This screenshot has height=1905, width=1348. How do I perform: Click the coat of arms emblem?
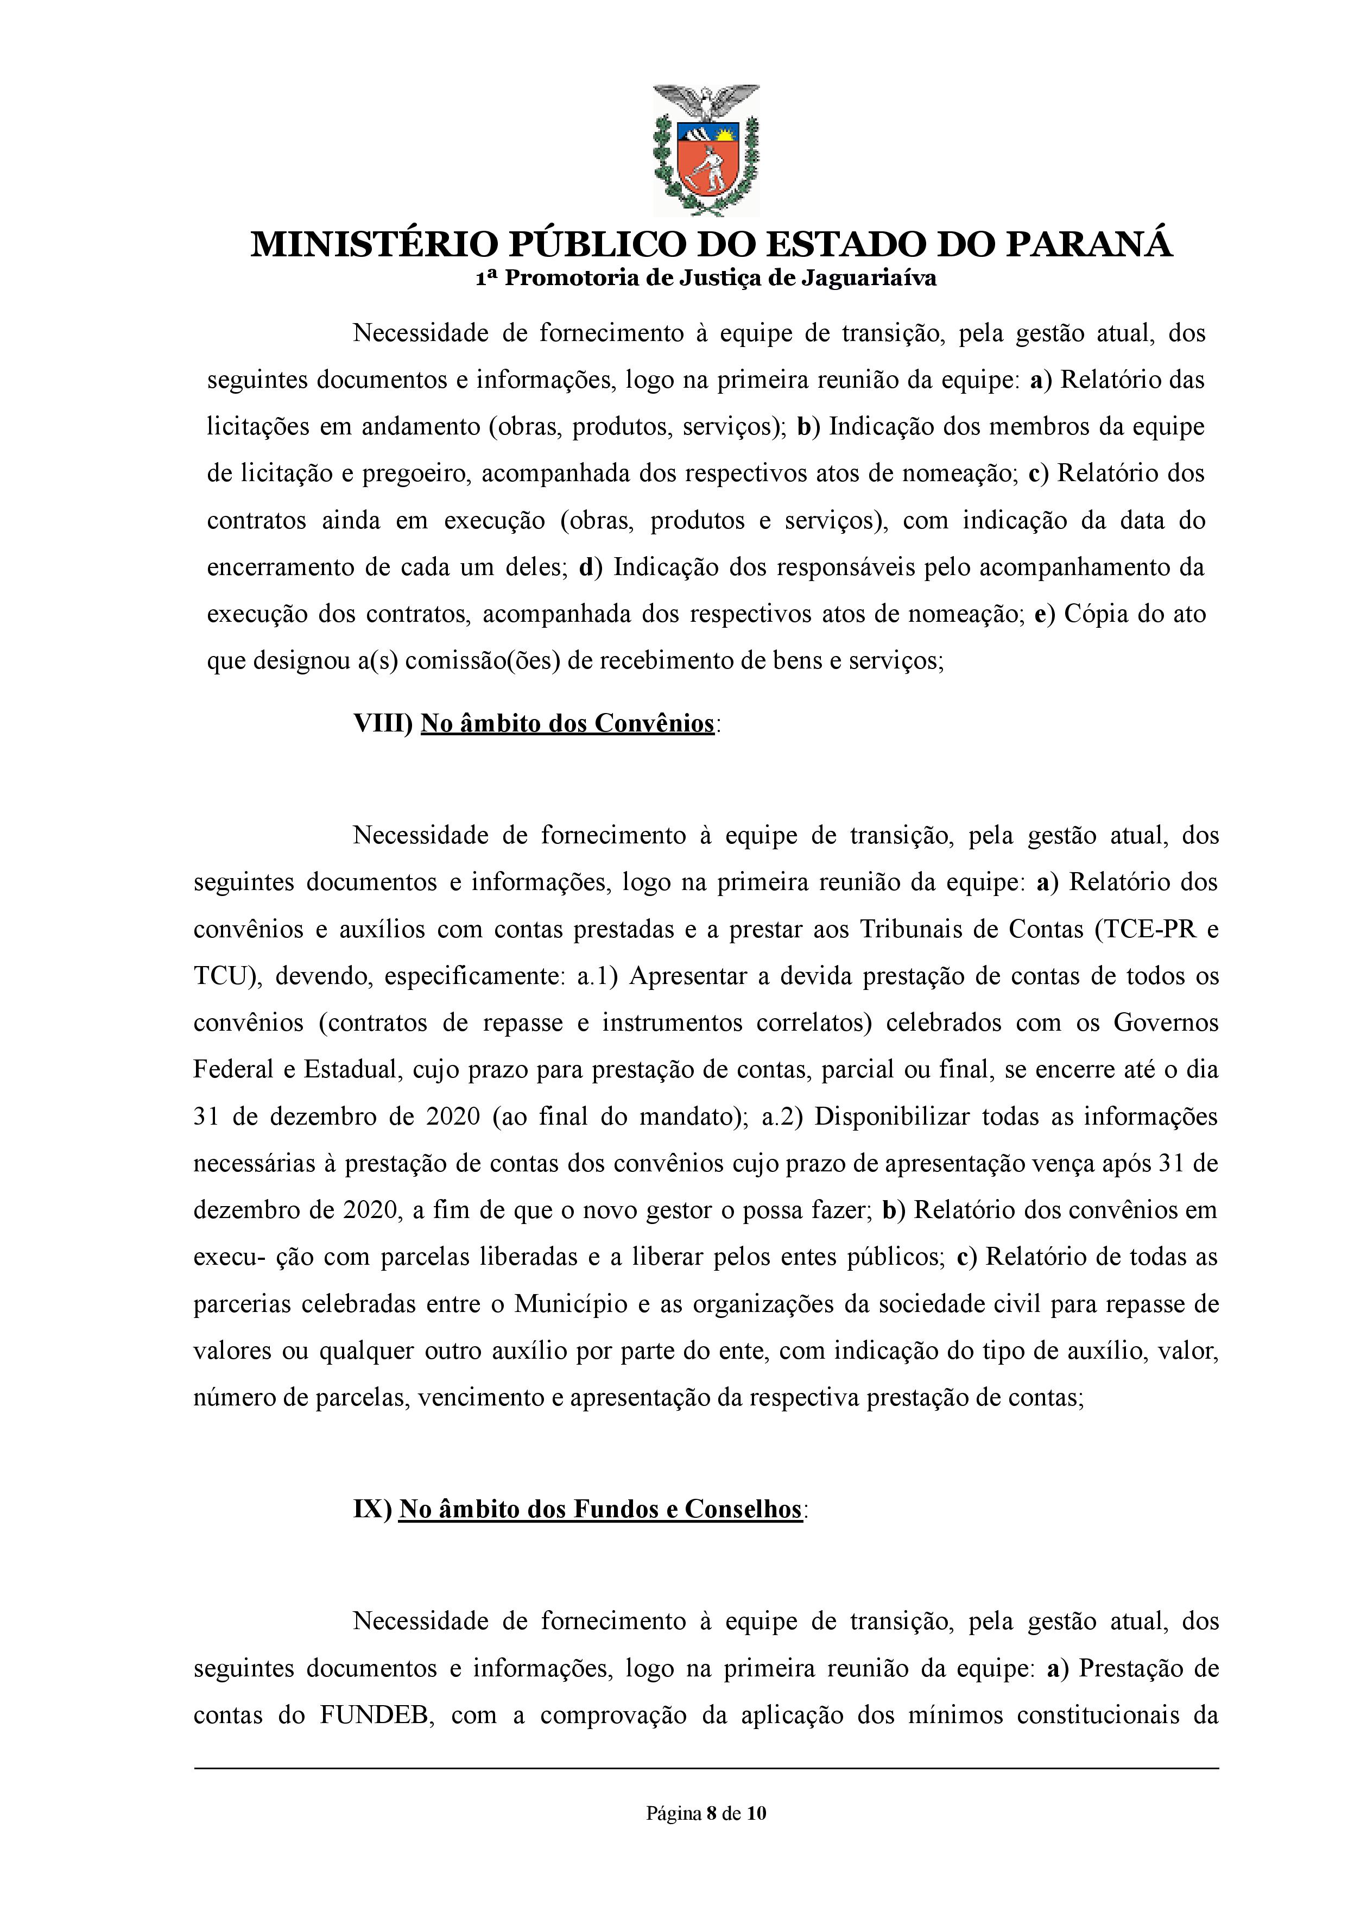(706, 149)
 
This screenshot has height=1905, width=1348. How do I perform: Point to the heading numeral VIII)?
(383, 724)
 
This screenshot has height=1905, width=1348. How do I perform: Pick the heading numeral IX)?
(372, 1509)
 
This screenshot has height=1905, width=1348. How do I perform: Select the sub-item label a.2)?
(782, 1116)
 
